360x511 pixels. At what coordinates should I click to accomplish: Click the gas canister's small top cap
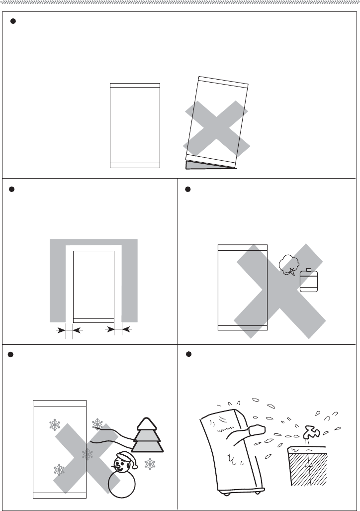[308, 270]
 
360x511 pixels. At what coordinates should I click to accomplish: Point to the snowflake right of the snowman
[150, 464]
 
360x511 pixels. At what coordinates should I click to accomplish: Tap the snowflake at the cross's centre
[88, 454]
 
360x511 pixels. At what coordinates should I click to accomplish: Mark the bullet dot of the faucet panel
[188, 354]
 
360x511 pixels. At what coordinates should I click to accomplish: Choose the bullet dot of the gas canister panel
[188, 190]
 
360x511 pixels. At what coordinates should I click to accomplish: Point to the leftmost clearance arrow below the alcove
[62, 329]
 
